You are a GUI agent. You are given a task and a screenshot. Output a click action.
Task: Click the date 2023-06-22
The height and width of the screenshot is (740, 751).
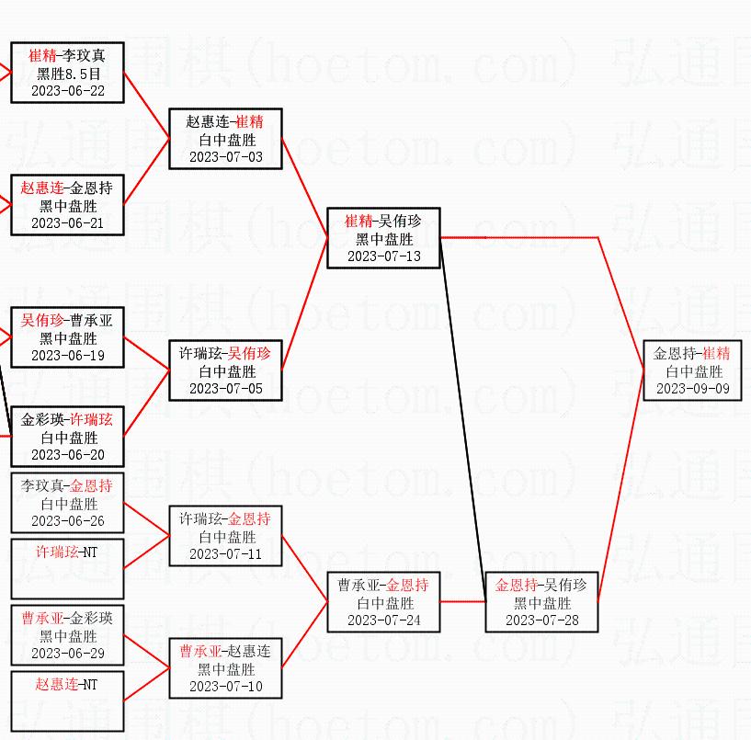point(67,90)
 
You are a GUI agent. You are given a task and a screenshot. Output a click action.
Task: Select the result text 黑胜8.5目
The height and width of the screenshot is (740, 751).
point(67,73)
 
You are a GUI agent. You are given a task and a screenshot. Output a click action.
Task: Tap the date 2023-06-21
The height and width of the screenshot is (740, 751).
point(67,222)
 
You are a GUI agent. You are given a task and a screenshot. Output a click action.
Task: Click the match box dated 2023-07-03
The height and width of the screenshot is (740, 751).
point(225,139)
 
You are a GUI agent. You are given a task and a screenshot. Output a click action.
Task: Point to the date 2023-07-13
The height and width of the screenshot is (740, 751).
point(383,256)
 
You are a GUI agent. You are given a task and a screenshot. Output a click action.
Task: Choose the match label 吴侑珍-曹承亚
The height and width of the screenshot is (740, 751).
point(67,321)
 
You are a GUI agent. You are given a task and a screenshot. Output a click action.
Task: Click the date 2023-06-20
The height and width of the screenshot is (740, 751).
point(67,454)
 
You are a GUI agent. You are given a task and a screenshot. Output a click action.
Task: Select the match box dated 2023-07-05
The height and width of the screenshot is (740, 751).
point(225,370)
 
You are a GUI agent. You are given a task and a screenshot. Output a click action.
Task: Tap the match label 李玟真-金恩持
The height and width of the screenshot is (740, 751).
point(67,486)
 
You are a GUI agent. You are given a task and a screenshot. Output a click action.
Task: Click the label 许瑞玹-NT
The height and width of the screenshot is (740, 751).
point(67,552)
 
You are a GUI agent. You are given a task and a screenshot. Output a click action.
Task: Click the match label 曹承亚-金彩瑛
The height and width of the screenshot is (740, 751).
point(67,619)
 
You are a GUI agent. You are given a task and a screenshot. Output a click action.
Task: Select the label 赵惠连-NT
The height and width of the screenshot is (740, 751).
point(67,685)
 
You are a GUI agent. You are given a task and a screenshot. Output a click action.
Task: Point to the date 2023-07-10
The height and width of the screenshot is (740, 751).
point(225,686)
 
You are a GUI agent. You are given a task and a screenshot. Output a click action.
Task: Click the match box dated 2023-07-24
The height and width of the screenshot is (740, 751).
point(383,602)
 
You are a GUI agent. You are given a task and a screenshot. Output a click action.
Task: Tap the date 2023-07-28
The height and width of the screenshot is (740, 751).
point(541,620)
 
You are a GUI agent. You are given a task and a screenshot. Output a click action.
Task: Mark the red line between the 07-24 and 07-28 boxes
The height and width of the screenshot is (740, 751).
point(462,602)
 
